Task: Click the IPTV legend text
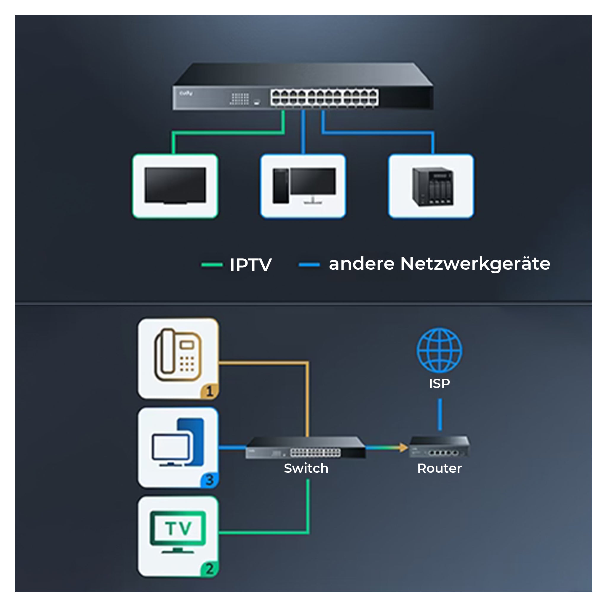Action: coord(250,265)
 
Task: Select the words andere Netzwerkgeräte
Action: coord(439,263)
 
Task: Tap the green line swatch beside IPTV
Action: coord(212,265)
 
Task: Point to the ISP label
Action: coord(439,383)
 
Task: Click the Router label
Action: coord(439,468)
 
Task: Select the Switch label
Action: coord(306,468)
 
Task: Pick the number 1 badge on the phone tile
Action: coord(210,391)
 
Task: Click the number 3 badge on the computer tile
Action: coord(210,480)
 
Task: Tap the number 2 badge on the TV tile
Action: coord(210,569)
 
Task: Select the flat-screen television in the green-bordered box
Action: coord(175,186)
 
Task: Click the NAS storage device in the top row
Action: coord(433,186)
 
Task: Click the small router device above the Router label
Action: coord(439,446)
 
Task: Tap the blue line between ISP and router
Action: coord(440,414)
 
